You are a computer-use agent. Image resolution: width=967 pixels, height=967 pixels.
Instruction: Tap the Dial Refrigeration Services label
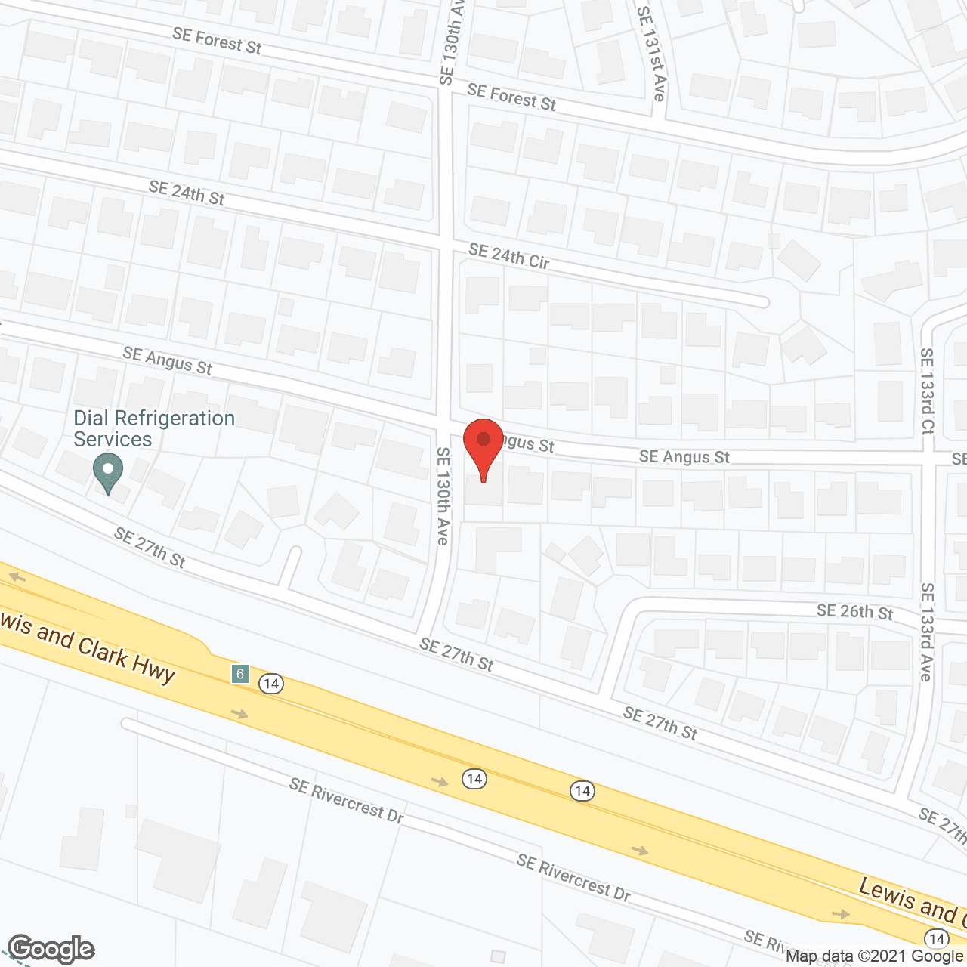pyautogui.click(x=154, y=428)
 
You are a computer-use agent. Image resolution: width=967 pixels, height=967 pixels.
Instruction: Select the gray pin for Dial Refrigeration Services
pyautogui.click(x=108, y=473)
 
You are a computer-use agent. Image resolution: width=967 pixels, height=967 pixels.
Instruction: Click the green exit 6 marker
pyautogui.click(x=240, y=673)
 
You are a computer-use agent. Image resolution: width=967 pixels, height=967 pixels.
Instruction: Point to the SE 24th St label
pyautogui.click(x=187, y=193)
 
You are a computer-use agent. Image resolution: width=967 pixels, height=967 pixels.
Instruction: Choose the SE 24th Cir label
pyautogui.click(x=508, y=256)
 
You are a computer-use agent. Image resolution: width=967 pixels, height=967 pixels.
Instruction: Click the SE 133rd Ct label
pyautogui.click(x=927, y=391)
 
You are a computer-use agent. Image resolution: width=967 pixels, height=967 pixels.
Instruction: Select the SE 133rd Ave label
pyautogui.click(x=927, y=632)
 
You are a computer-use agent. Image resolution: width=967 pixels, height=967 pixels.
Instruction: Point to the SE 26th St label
pyautogui.click(x=854, y=612)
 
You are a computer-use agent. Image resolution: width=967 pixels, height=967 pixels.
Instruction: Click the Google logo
pyautogui.click(x=51, y=949)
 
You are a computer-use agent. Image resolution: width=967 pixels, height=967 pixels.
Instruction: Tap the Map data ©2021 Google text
pyautogui.click(x=874, y=956)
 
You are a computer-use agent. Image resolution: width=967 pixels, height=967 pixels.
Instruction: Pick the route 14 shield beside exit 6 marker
pyautogui.click(x=270, y=684)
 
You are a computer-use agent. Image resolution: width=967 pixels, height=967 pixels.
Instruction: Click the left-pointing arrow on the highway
pyautogui.click(x=17, y=578)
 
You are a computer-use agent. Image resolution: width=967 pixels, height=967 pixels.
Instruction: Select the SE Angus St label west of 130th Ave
pyautogui.click(x=167, y=361)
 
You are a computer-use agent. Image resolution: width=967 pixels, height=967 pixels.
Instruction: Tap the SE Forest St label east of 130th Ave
pyautogui.click(x=511, y=97)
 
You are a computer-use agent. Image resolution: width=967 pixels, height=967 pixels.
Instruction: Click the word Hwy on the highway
pyautogui.click(x=154, y=668)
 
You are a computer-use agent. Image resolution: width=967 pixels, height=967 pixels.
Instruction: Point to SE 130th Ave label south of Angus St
pyautogui.click(x=443, y=496)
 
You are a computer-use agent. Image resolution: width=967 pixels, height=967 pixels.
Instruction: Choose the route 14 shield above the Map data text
pyautogui.click(x=937, y=938)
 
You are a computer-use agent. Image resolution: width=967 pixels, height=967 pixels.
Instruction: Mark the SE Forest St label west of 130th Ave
pyautogui.click(x=217, y=41)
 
